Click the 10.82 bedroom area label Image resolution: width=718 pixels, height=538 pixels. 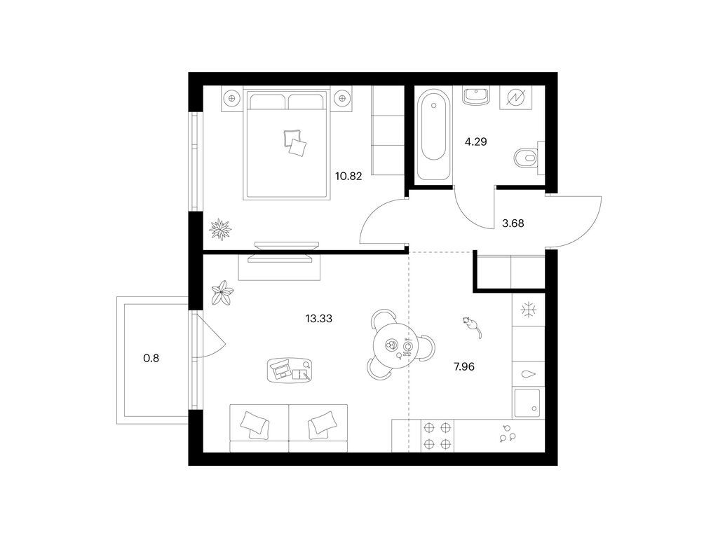click(348, 176)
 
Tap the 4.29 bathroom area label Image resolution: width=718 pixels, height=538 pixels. click(476, 142)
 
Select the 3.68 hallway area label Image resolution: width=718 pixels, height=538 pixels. click(513, 223)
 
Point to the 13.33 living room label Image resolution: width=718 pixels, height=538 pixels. click(319, 319)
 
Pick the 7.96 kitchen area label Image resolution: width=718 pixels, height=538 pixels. click(464, 366)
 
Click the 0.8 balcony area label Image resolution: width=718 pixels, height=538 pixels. click(151, 358)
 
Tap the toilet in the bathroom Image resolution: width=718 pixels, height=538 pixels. click(529, 158)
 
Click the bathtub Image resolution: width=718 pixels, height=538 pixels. click(433, 135)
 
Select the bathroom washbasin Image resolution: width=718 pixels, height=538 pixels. click(476, 96)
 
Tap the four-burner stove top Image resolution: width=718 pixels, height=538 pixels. click(438, 436)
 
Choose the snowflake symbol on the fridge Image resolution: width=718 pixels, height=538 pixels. click(529, 310)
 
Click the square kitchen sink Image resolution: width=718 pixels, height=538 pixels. click(529, 403)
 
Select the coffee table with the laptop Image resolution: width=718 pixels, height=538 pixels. click(290, 368)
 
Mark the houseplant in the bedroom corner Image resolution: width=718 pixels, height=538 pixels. click(220, 230)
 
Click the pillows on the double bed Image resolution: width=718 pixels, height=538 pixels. click(295, 142)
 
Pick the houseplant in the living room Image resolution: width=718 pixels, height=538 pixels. click(222, 292)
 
